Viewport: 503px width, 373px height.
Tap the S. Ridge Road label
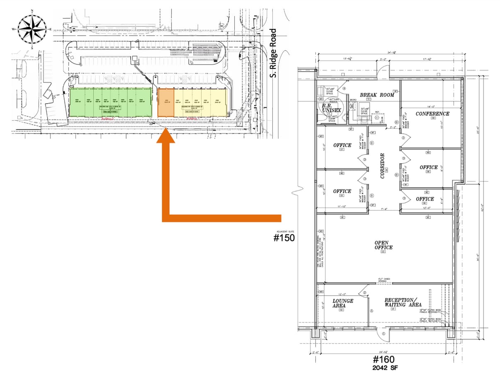(x=272, y=53)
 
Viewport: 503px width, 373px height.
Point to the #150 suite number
(x=284, y=238)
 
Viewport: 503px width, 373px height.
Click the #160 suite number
(x=384, y=359)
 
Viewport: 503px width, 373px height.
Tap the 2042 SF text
(x=384, y=368)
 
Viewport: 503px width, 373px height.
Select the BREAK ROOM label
(x=377, y=95)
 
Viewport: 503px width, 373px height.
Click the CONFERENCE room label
(x=432, y=114)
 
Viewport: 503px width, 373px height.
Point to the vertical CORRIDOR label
(x=383, y=166)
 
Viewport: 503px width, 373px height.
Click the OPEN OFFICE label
(x=383, y=245)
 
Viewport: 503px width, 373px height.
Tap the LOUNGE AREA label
(x=342, y=303)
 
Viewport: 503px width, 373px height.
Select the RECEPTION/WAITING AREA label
(x=403, y=302)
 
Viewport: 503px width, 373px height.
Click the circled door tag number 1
(x=383, y=333)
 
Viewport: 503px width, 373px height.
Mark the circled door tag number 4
(x=344, y=88)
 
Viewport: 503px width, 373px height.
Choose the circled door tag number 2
(x=365, y=293)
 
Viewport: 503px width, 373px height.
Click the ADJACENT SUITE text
(x=284, y=231)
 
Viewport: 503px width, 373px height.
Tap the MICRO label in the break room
(x=352, y=100)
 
